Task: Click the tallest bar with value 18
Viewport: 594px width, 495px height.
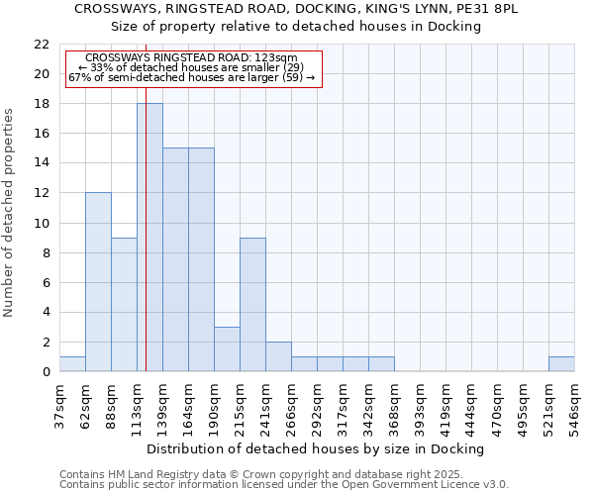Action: coord(149,238)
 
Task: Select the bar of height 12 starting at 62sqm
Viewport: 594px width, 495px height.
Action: coord(98,282)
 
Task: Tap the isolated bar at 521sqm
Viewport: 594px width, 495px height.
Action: coord(561,364)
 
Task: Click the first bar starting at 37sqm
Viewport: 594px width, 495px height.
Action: coord(72,364)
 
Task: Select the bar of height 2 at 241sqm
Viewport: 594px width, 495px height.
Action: coord(278,356)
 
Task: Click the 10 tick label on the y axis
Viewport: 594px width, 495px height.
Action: coord(41,224)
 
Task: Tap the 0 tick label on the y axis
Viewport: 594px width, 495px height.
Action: coord(45,372)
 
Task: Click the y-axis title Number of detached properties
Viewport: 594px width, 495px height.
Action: coord(10,213)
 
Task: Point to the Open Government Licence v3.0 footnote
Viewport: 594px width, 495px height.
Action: coord(283,485)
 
